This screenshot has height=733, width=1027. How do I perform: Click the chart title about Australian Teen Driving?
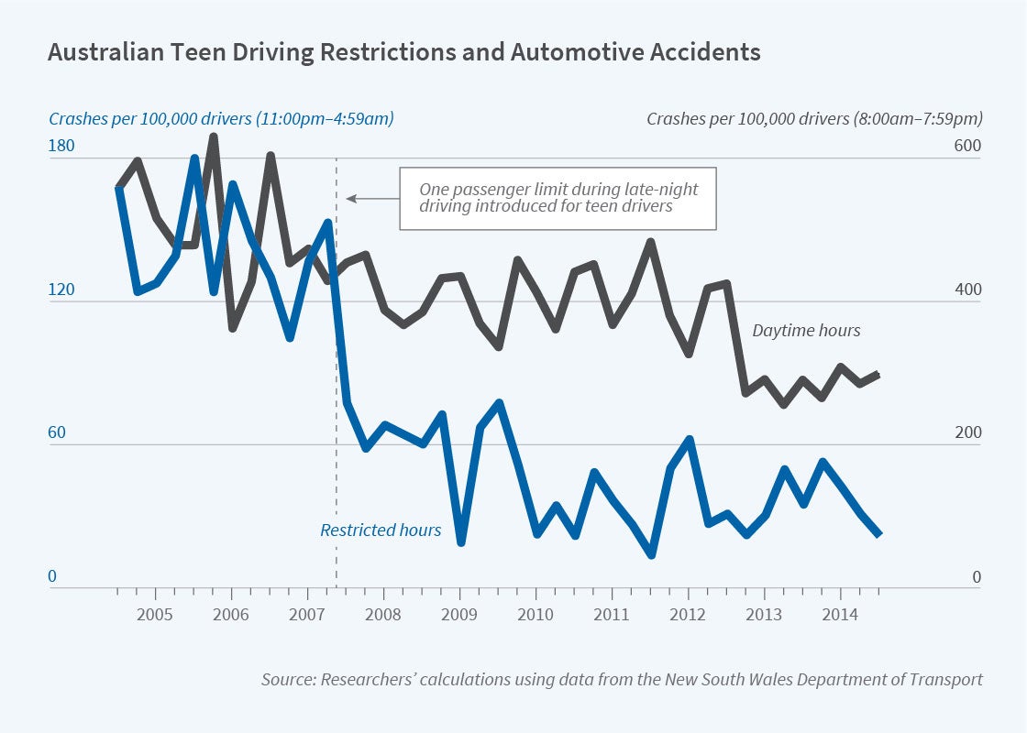(403, 52)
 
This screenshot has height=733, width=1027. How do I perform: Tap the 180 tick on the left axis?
(62, 147)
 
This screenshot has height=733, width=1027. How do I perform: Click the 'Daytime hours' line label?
(806, 331)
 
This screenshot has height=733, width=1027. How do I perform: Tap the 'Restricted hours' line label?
(381, 530)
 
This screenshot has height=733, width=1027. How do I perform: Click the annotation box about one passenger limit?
(558, 198)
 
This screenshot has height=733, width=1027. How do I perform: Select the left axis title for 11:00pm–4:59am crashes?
(221, 118)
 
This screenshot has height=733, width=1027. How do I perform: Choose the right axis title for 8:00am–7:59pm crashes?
(814, 118)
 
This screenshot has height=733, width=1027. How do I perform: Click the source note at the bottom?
(622, 679)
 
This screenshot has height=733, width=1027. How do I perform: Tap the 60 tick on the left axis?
(57, 433)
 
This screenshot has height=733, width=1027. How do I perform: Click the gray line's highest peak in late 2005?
(213, 137)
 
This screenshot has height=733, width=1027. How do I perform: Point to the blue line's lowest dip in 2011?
(651, 553)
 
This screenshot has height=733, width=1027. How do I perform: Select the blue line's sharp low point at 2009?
(460, 542)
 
